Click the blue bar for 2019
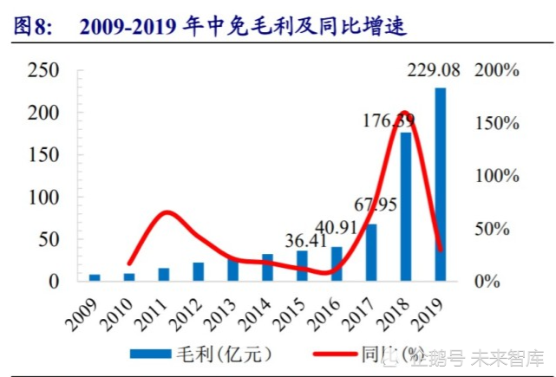click(x=441, y=184)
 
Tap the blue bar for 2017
click(x=371, y=252)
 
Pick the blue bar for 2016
click(x=337, y=263)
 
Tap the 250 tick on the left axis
click(x=43, y=71)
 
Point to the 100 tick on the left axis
click(x=43, y=198)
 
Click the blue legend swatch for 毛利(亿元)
click(x=155, y=354)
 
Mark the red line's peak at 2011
click(x=167, y=212)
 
